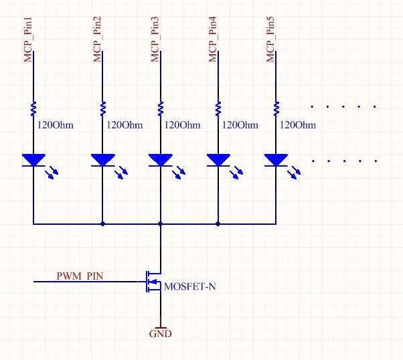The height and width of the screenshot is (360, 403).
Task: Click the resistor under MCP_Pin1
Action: [x=33, y=108]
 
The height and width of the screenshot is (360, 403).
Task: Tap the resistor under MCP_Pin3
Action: [x=160, y=108]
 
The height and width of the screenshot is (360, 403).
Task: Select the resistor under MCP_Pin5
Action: [x=276, y=108]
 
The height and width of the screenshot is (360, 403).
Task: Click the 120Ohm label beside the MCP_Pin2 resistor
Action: [x=124, y=125]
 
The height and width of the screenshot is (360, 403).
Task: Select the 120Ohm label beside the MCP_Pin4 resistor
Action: [x=240, y=125]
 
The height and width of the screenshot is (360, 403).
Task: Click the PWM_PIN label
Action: [x=80, y=275]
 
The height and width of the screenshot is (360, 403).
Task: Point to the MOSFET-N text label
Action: [x=190, y=287]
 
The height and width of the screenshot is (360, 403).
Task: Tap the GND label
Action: [x=160, y=333]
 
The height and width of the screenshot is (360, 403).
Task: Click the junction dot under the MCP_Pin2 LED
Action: [x=102, y=223]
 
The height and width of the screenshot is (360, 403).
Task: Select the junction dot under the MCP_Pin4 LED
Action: [x=218, y=223]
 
